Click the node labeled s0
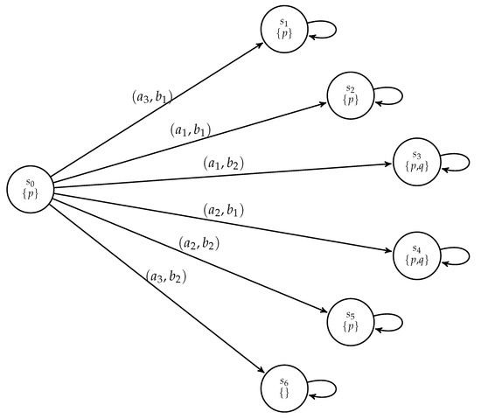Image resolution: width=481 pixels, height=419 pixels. tap(30, 187)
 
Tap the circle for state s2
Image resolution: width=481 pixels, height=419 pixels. tap(350, 94)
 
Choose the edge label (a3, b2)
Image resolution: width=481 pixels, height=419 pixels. tap(166, 278)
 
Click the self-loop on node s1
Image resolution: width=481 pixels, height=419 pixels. tap(323, 28)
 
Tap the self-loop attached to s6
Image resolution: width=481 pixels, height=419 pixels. tap(323, 386)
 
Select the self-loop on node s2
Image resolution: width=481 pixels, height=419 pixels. tap(389, 94)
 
